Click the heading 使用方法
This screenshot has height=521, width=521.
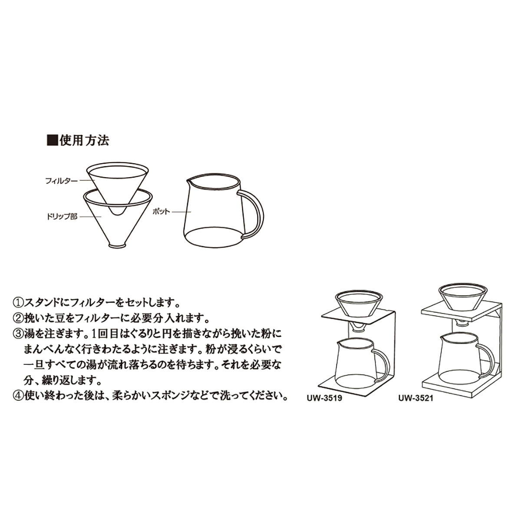tap(84, 140)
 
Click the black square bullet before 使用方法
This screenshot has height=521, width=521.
tap(52, 140)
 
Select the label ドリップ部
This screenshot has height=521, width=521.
tap(61, 216)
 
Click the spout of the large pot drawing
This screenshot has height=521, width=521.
tap(189, 181)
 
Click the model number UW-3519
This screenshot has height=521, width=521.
tap(326, 398)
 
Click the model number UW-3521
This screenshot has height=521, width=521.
tap(415, 398)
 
